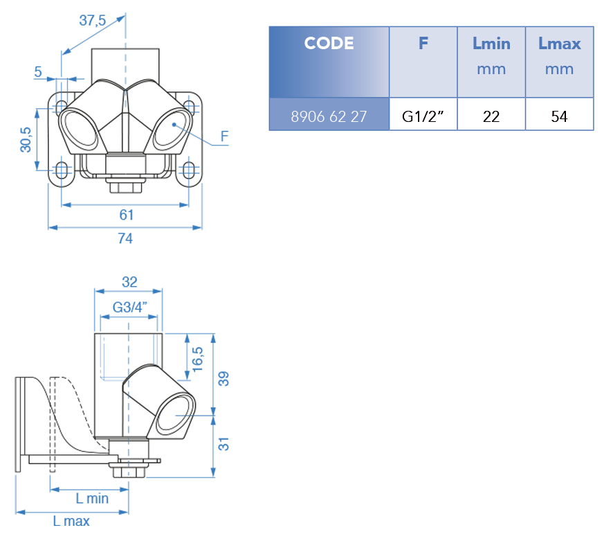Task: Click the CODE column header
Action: (x=329, y=44)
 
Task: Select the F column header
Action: (x=423, y=44)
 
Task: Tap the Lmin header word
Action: (x=491, y=44)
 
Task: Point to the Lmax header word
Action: (x=559, y=44)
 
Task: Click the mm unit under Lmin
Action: (x=491, y=69)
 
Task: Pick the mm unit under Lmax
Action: (x=559, y=69)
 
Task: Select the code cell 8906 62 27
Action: (x=329, y=116)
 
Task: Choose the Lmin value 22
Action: (x=491, y=116)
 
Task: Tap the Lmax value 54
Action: (x=559, y=116)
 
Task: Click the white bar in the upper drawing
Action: (x=125, y=182)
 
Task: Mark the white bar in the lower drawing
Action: (x=129, y=464)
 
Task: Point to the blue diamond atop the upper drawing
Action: (x=125, y=67)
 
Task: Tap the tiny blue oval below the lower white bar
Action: (x=129, y=473)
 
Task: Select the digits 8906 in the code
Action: (x=305, y=116)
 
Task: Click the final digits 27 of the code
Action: (x=358, y=116)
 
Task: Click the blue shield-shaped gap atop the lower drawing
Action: (x=115, y=360)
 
